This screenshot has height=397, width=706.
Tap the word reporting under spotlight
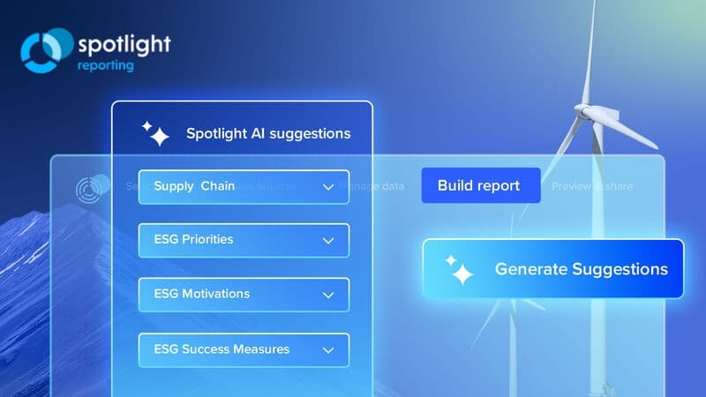click(x=105, y=64)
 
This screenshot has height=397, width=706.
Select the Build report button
click(x=480, y=185)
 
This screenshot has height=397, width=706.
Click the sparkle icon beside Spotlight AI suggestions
click(x=155, y=133)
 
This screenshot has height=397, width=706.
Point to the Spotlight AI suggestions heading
click(x=267, y=134)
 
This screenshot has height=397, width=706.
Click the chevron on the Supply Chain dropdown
click(x=328, y=187)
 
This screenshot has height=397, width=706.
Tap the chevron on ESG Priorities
click(x=328, y=241)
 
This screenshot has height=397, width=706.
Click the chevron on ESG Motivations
click(x=328, y=295)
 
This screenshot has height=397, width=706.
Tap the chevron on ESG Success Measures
click(x=328, y=350)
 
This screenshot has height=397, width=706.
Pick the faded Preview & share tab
click(x=592, y=186)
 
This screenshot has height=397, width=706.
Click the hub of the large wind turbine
click(x=587, y=113)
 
